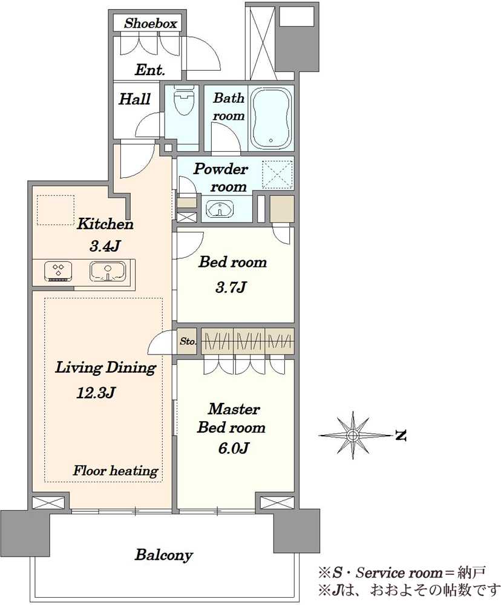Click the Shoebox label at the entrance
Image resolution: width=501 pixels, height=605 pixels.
click(x=150, y=24)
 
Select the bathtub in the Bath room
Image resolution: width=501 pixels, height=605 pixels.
click(x=270, y=118)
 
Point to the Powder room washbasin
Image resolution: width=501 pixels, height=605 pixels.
click(x=220, y=209)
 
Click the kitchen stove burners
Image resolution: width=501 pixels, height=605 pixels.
click(x=59, y=270)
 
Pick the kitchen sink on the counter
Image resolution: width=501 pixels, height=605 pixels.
click(x=108, y=272)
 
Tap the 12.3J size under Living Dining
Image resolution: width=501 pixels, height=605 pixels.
click(x=96, y=393)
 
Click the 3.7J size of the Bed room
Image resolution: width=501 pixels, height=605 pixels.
click(x=231, y=287)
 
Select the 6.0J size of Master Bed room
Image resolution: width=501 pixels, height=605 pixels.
click(x=233, y=448)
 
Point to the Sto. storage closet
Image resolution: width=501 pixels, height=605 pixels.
click(x=187, y=341)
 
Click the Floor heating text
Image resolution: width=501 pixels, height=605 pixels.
click(x=116, y=471)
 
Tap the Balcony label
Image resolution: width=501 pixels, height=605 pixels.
click(x=163, y=555)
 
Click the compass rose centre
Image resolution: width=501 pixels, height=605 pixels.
click(x=352, y=436)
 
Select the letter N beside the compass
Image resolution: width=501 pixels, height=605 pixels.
click(x=401, y=436)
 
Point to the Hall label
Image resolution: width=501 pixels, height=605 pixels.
click(x=134, y=99)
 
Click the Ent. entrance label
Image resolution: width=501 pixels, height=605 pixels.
click(x=150, y=70)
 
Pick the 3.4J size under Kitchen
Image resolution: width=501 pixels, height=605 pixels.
click(x=105, y=246)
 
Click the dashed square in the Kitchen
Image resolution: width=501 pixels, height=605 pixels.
click(x=56, y=210)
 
